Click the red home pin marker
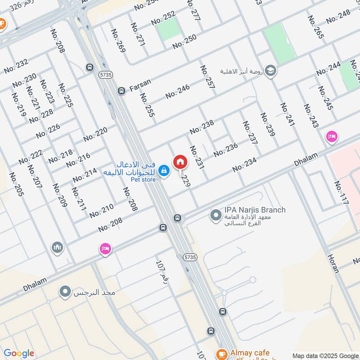(x=180, y=162)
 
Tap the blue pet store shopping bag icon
(x=164, y=170)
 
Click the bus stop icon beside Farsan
(x=121, y=91)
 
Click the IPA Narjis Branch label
(x=255, y=210)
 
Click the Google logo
(x=19, y=353)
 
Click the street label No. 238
(x=202, y=127)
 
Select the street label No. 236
(x=225, y=150)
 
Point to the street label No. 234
(x=244, y=165)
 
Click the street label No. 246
(x=177, y=91)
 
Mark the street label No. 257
(x=207, y=79)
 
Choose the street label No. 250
(x=184, y=41)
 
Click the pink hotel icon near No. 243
(x=332, y=136)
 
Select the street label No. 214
(x=84, y=175)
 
